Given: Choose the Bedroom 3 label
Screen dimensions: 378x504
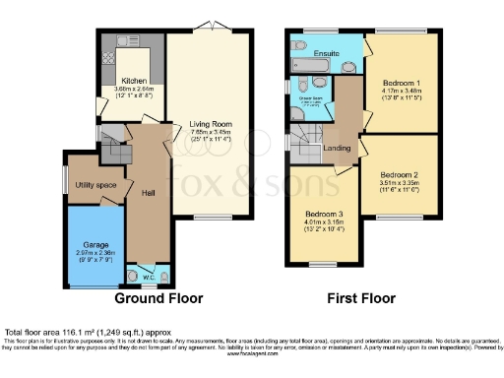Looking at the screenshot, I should [324, 215].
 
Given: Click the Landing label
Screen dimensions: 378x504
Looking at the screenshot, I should [339, 149].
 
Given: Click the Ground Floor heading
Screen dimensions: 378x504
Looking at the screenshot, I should [158, 297].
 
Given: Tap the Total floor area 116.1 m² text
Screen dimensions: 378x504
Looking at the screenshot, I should [74, 334].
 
